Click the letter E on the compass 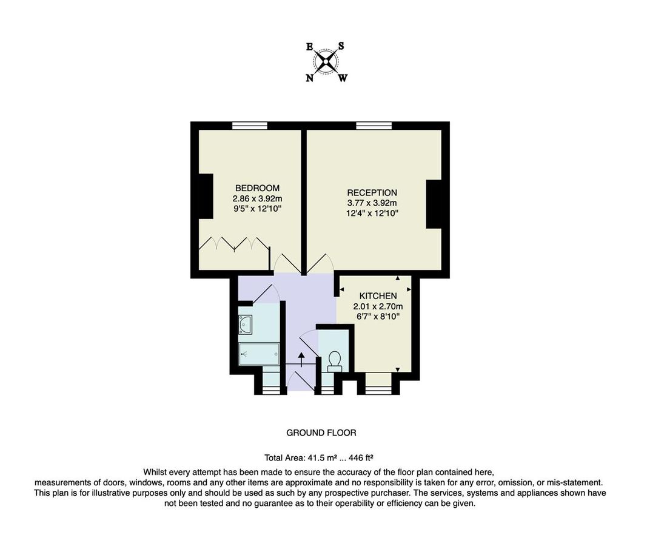(310, 46)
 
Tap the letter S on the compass (341, 46)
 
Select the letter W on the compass (343, 78)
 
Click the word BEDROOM (257, 188)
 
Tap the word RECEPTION (372, 193)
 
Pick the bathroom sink (246, 325)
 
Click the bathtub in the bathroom (259, 353)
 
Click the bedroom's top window (249, 126)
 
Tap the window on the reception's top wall (374, 126)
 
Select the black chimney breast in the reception (434, 204)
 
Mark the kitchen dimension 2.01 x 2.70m (378, 306)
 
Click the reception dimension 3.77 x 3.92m (372, 203)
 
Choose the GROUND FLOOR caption (321, 433)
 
